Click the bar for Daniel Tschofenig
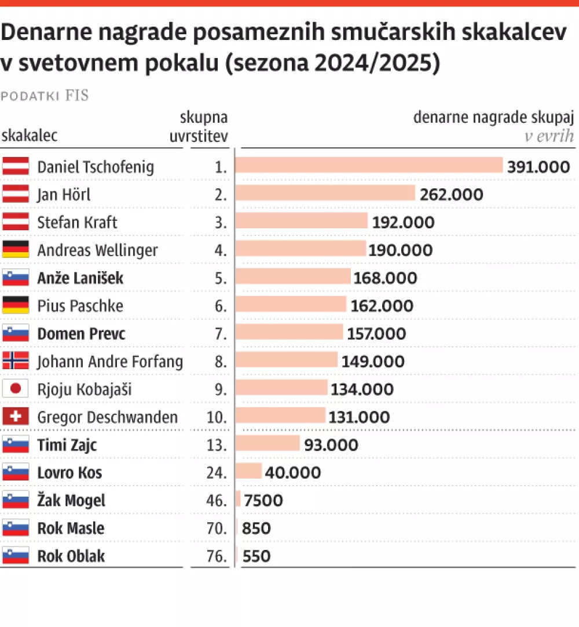pos(369,166)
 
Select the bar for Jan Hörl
pos(325,194)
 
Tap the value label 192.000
pos(403,223)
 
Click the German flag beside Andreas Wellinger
pos(16,250)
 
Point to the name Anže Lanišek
pos(80,278)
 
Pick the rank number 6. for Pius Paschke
pos(221,306)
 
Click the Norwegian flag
pos(16,361)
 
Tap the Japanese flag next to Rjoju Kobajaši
pos(16,389)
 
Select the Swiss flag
pos(16,417)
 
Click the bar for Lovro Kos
pos(249,472)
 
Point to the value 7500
pos(263,500)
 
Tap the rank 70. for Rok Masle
pos(218,528)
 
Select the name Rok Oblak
pos(71,556)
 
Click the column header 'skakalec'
pos(30,136)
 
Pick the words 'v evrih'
pos(548,136)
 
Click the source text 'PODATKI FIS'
pos(45,96)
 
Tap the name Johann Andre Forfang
pos(110,362)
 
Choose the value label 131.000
pos(359,417)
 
